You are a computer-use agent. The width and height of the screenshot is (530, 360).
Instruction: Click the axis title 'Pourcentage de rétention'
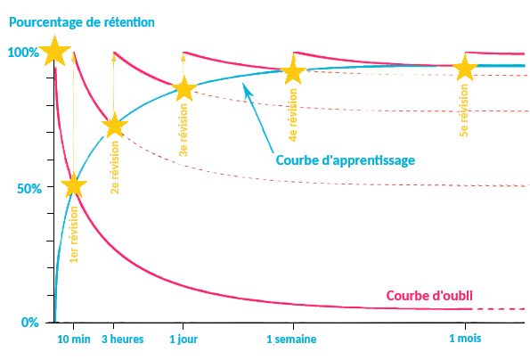click(x=82, y=22)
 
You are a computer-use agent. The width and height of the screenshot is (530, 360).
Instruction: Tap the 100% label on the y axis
click(x=23, y=53)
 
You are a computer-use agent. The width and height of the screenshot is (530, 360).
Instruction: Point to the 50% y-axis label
click(x=29, y=189)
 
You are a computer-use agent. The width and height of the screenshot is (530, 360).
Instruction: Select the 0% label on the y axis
click(x=30, y=323)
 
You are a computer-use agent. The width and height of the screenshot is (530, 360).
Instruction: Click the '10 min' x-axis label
click(x=74, y=339)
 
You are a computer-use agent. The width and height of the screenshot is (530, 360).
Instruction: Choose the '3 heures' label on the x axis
click(x=123, y=339)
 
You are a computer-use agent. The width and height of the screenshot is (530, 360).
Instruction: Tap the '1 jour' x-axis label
click(x=183, y=339)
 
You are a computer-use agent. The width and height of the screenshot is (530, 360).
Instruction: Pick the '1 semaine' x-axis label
click(x=291, y=339)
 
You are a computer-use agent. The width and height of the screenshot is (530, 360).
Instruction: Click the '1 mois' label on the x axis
click(x=465, y=338)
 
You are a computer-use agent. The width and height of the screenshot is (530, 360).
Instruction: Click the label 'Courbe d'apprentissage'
click(x=346, y=160)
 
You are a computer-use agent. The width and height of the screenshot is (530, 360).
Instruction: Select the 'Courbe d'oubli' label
click(x=429, y=296)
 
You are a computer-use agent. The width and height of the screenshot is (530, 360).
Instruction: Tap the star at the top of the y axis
click(x=54, y=51)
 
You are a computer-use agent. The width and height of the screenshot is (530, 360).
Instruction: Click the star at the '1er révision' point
click(x=74, y=184)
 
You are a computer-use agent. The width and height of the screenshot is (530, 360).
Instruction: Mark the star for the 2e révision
click(x=115, y=126)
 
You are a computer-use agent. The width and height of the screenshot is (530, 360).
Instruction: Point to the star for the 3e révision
click(x=184, y=89)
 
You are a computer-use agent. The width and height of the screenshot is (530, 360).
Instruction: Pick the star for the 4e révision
click(x=293, y=71)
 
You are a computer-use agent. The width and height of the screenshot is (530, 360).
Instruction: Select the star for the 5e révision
click(x=465, y=69)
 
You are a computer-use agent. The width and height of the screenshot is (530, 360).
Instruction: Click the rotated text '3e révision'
click(x=183, y=130)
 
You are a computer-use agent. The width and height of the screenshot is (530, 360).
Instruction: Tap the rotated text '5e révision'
click(x=464, y=110)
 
